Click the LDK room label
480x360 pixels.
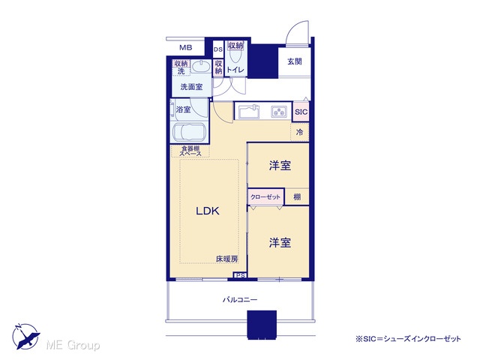208,211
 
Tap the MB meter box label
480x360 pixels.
186,48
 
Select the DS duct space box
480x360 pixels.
218,49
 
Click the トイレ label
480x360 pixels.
235,70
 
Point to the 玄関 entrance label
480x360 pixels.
295,61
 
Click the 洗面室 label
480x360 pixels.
191,87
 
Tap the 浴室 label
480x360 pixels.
183,109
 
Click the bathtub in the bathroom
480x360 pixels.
190,132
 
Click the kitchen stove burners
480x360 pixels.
279,112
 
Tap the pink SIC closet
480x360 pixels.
301,112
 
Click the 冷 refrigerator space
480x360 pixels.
300,132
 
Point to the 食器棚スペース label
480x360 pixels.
190,151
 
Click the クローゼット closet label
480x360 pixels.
265,196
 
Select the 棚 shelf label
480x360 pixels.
297,196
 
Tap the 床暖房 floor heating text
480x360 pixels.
226,259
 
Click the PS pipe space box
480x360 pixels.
241,275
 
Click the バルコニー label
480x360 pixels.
240,300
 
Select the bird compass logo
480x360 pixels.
25,336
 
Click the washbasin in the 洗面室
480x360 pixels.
201,66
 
